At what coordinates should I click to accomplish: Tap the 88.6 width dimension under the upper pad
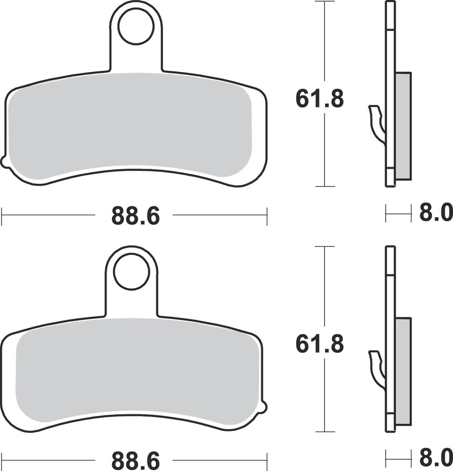point(136,215)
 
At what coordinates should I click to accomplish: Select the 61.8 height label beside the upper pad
point(320,99)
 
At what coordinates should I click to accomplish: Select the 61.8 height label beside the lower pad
point(320,344)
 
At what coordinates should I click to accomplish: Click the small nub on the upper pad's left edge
point(4,161)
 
